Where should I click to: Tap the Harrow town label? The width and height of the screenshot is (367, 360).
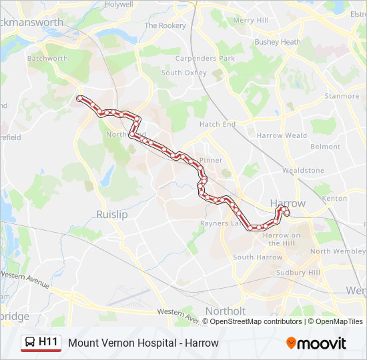point(288,203)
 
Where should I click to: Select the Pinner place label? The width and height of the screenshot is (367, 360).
point(210,161)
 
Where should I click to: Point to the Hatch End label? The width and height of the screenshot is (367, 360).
point(218,124)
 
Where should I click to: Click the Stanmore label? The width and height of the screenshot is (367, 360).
point(342,96)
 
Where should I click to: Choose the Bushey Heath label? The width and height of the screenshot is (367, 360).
point(278,42)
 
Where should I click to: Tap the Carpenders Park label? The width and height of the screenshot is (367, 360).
point(208,59)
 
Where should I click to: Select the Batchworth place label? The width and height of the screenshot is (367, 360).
point(47,59)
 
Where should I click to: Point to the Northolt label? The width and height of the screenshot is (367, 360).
point(226,311)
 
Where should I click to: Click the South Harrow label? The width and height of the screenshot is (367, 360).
point(258,257)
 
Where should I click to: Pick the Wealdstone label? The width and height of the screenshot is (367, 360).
point(303,171)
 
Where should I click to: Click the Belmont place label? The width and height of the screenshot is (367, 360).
point(326,147)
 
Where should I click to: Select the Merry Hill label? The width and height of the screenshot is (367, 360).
point(251,21)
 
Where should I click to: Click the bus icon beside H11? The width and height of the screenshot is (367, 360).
point(30,343)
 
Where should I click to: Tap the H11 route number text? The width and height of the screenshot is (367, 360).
point(49,343)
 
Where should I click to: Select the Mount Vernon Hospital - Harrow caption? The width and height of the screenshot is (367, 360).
point(143,343)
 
